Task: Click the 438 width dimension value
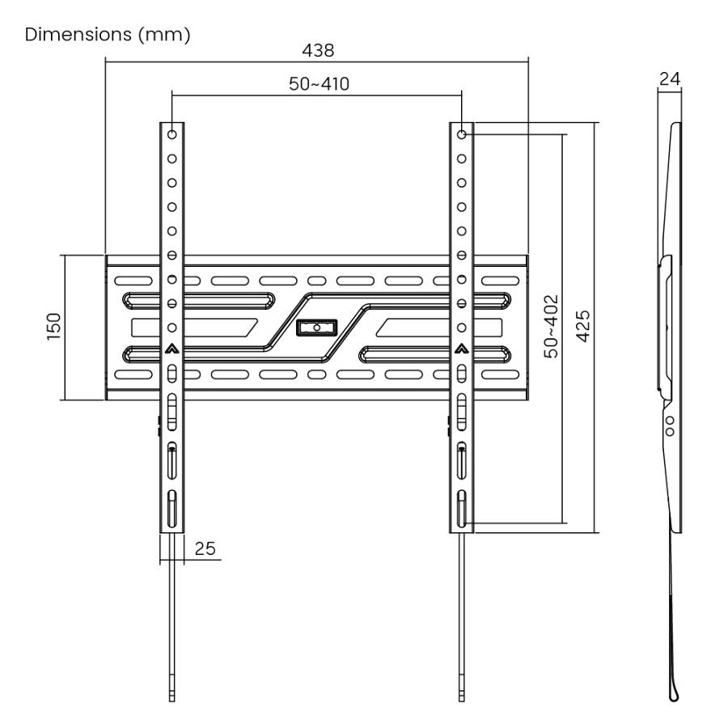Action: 318,50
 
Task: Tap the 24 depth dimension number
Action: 669,78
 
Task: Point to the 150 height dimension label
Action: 53,328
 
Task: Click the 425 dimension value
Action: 583,327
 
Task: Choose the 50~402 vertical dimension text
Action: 551,327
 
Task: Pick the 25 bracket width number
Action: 205,548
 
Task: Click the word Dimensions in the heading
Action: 78,36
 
